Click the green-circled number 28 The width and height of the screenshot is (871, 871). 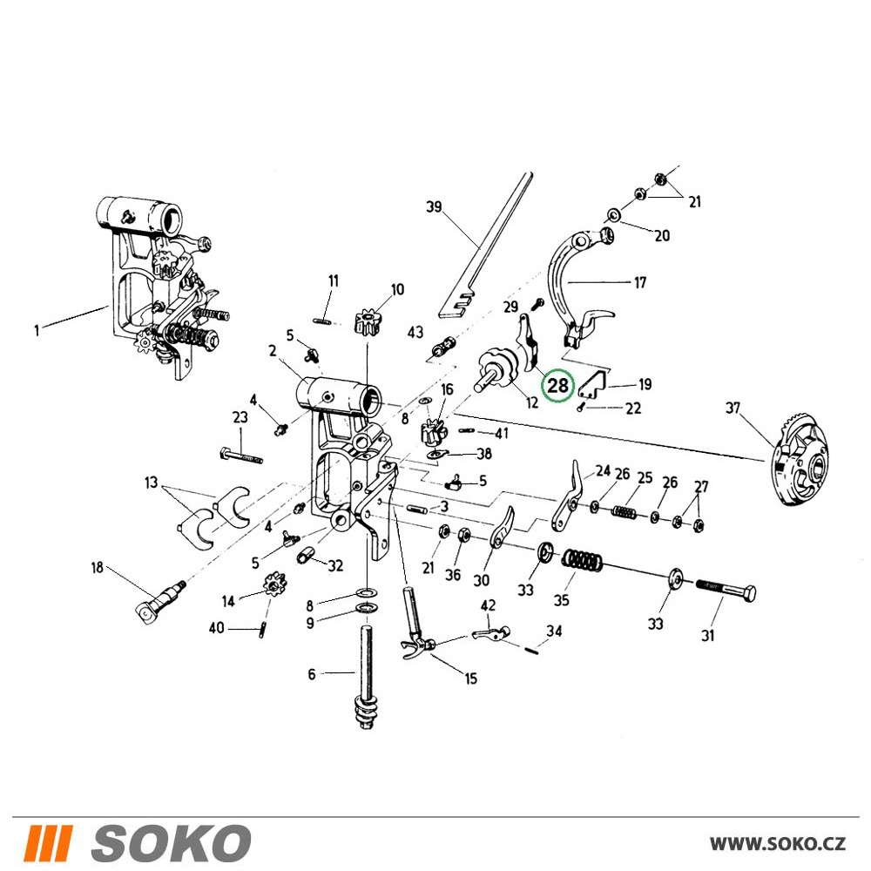point(558,384)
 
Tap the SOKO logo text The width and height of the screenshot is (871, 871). point(171,843)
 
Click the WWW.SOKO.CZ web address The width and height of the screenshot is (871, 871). point(778,843)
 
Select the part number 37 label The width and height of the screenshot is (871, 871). point(733,408)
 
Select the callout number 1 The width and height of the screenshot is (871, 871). point(37,331)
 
